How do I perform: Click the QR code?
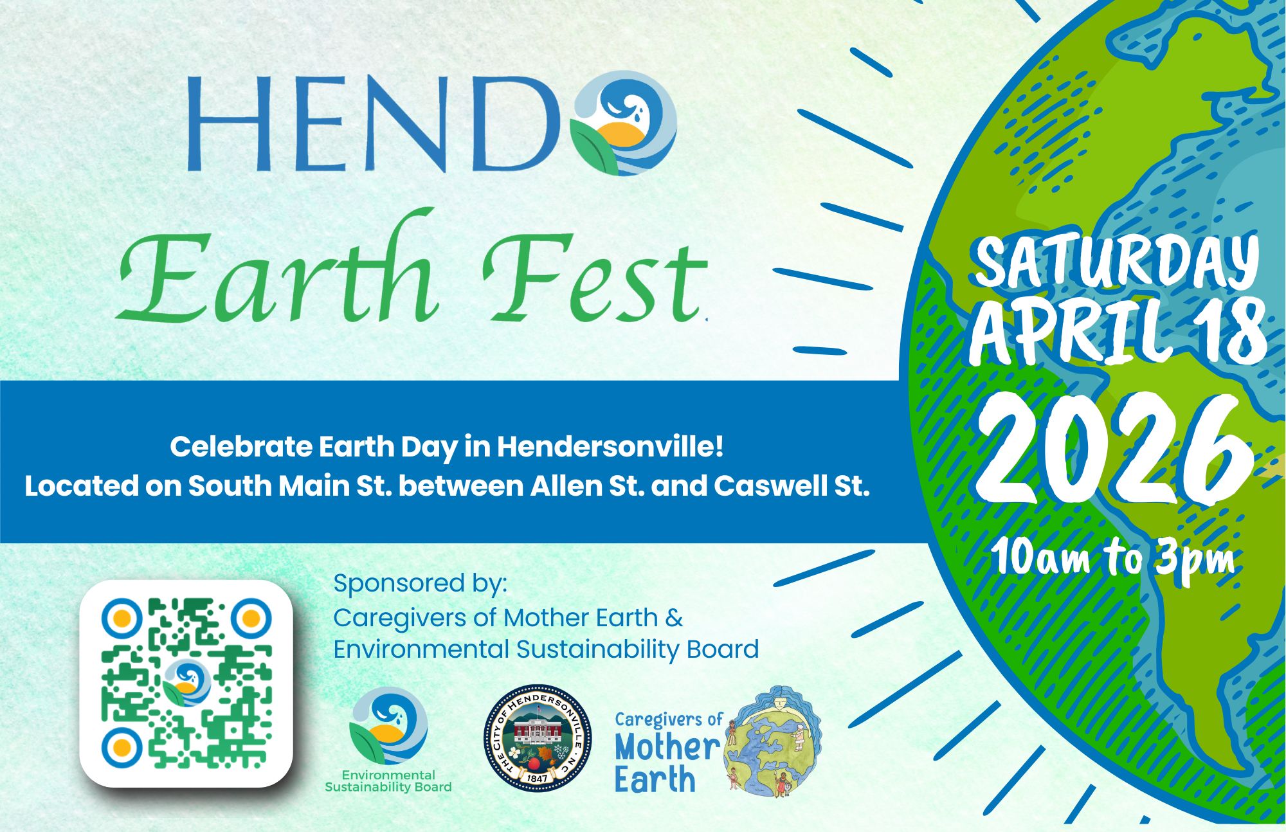186,683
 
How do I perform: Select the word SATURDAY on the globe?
1116,262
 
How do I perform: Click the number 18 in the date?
1225,333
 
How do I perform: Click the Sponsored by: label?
421,583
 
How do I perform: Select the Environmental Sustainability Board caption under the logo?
388,781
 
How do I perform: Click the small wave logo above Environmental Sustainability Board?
388,725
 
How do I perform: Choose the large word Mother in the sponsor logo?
667,747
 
